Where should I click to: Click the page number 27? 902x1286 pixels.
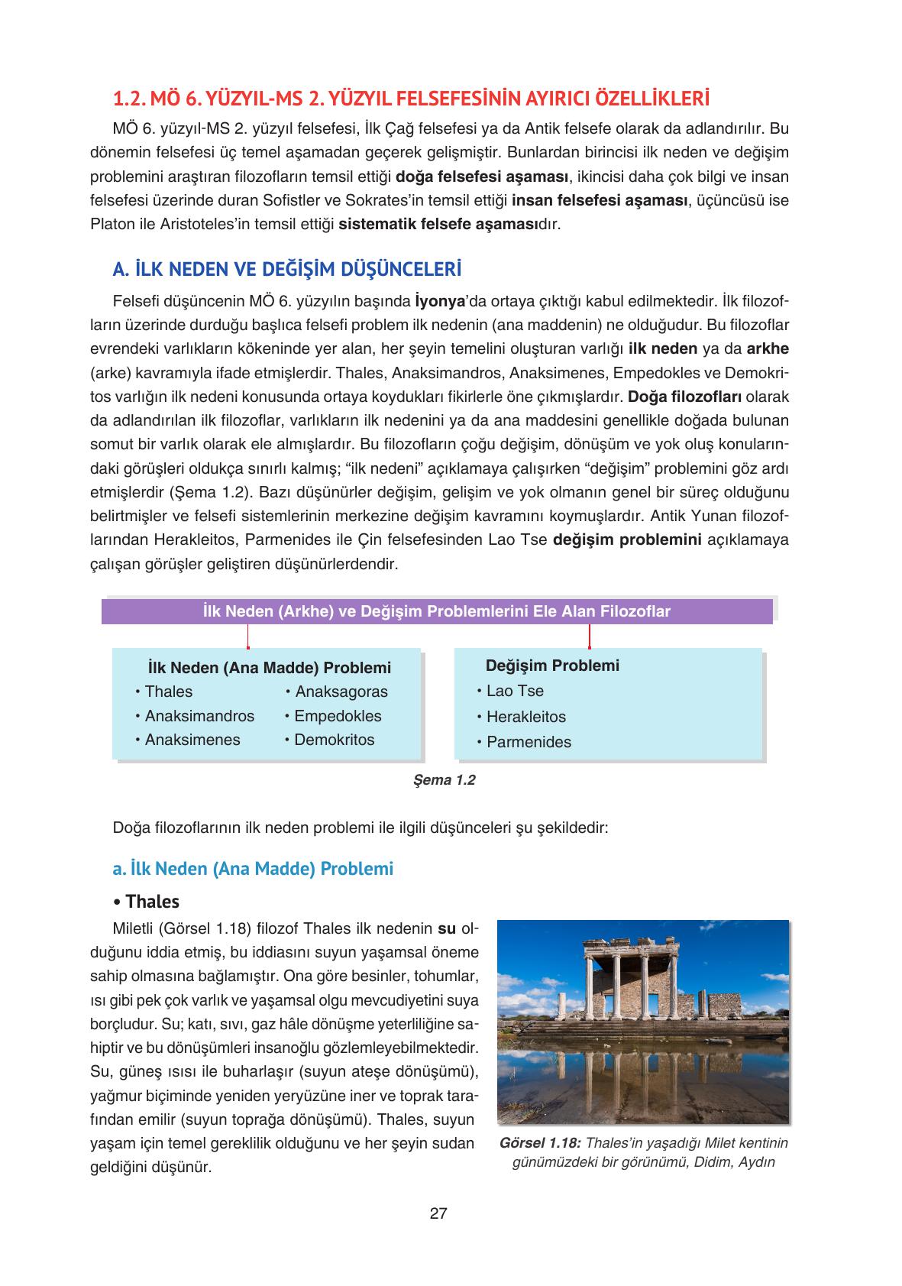(x=438, y=1213)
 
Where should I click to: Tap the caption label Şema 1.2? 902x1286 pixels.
(x=444, y=780)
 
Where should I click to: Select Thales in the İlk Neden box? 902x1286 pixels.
(x=168, y=692)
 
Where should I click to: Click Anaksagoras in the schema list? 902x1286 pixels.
(x=341, y=692)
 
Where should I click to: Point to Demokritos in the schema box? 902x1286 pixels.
(x=334, y=740)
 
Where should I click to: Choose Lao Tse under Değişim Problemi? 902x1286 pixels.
(x=515, y=691)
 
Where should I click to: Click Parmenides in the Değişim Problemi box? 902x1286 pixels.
(x=529, y=742)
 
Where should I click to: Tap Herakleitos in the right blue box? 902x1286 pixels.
(x=525, y=717)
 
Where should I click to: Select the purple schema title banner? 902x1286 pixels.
(x=437, y=611)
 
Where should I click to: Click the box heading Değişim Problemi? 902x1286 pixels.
(x=552, y=666)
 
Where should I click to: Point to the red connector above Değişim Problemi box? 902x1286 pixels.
(x=589, y=636)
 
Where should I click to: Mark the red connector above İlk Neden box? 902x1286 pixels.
(x=247, y=636)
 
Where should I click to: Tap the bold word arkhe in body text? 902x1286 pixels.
(x=768, y=348)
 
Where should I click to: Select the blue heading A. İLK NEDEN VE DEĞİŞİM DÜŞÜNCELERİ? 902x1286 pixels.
(x=287, y=270)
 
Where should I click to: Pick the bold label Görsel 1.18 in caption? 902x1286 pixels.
(x=540, y=1143)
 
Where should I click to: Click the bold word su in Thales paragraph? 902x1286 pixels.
(x=446, y=929)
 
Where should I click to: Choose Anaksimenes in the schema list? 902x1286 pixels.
(x=192, y=740)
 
